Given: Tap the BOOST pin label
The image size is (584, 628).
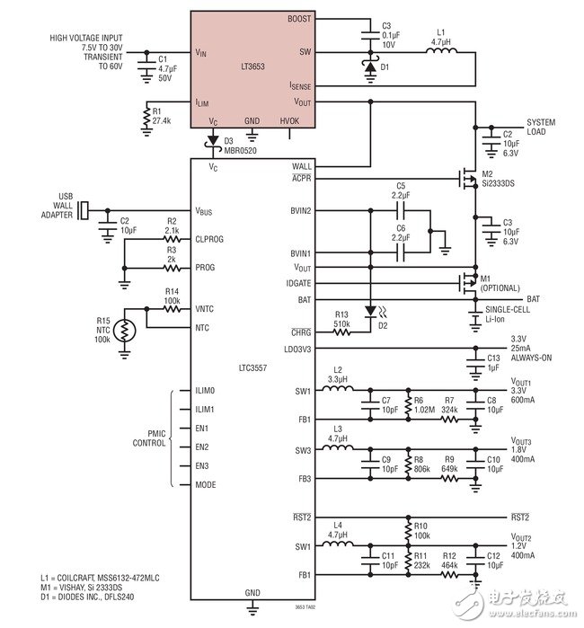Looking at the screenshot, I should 300,18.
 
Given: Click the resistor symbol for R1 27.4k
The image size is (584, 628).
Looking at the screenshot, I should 148,116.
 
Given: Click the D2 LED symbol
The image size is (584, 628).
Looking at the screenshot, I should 369,311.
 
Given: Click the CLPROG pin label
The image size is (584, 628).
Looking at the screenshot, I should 210,239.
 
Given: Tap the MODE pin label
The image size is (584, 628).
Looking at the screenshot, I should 206,485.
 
